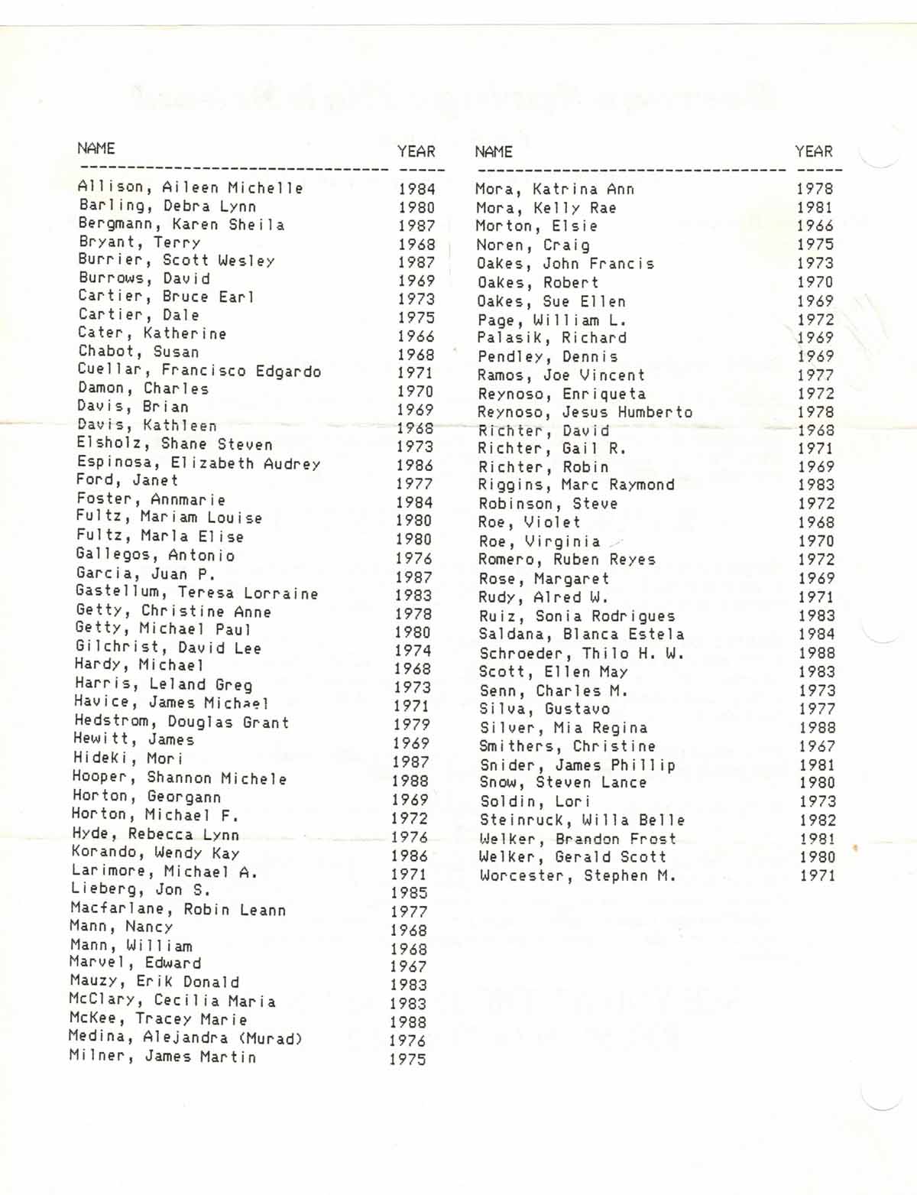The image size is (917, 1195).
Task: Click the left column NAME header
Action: (x=96, y=148)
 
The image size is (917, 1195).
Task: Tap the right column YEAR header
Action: (x=813, y=151)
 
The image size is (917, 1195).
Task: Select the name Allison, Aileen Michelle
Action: (x=190, y=187)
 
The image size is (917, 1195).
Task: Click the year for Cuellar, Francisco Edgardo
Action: (x=415, y=373)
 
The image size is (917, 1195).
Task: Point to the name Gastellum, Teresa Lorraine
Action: (x=196, y=593)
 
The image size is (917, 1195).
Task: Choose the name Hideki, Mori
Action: (x=128, y=758)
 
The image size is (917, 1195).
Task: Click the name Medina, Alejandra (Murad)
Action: (x=185, y=1038)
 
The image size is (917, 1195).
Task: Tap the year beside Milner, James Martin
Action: (x=407, y=1059)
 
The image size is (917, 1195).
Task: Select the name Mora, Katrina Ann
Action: (x=554, y=189)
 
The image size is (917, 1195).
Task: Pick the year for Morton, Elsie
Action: (x=815, y=226)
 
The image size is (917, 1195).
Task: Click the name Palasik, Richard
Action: (x=552, y=338)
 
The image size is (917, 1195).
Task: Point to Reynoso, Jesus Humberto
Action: (x=585, y=412)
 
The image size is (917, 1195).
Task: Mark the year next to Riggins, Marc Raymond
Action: (x=816, y=485)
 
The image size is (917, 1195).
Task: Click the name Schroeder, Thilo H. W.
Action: (x=582, y=653)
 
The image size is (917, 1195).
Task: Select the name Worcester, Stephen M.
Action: (x=578, y=875)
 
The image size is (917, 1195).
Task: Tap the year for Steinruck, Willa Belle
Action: (x=817, y=820)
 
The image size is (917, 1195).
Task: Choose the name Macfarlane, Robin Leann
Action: (x=178, y=909)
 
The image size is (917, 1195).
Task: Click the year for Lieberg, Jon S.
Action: (x=409, y=892)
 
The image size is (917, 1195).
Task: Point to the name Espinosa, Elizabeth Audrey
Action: (x=198, y=463)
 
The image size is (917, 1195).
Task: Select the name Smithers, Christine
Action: (x=567, y=746)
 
